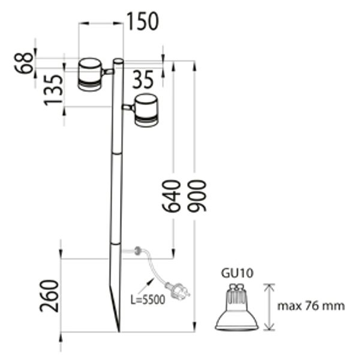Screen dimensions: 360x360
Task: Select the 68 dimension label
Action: (x=25, y=63)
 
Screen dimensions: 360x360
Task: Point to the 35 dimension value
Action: (x=143, y=79)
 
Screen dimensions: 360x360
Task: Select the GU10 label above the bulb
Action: (x=237, y=273)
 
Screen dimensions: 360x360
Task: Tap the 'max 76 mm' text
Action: (x=311, y=306)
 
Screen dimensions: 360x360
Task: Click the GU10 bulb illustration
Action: (x=237, y=309)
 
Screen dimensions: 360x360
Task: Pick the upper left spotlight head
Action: (x=90, y=74)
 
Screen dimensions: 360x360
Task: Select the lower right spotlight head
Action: (x=146, y=110)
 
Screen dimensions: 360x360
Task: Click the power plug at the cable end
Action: (x=180, y=291)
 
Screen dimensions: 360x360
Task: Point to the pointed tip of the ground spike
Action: (x=119, y=329)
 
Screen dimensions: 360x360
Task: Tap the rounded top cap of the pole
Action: (x=119, y=61)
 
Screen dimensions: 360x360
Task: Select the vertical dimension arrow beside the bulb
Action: (x=269, y=307)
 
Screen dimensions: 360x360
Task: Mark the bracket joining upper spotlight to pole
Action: (x=108, y=72)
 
